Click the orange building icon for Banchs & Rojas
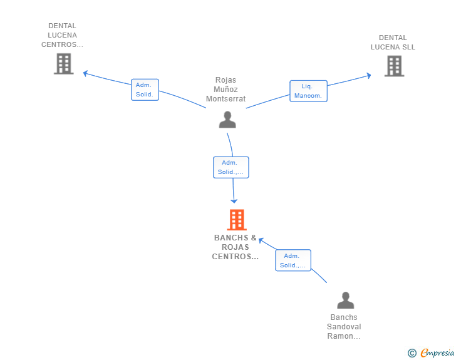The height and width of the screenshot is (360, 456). point(236,220)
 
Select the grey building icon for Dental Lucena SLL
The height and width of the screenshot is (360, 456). point(393,66)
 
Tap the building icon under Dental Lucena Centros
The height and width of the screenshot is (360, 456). point(63,63)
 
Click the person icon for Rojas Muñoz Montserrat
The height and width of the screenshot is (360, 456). point(227,119)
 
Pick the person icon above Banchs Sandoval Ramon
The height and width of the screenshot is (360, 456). point(345,301)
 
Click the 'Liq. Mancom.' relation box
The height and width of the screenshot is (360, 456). point(308,91)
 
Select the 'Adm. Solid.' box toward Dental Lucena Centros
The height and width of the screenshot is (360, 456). point(145,90)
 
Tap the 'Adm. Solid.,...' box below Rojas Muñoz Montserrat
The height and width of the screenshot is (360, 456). point(231,167)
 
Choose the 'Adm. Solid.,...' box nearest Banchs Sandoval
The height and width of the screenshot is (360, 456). point(293,260)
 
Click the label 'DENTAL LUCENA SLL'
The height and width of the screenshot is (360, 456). point(393,43)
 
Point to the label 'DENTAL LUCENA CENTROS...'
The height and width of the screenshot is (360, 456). point(62,36)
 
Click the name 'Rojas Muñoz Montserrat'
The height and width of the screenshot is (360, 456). point(225,90)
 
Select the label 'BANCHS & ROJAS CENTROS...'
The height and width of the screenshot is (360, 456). point(236,247)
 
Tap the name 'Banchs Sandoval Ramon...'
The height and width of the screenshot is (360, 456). point(344,327)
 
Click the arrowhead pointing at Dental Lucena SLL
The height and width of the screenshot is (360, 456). point(369,75)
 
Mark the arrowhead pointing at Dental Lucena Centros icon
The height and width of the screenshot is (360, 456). point(86,73)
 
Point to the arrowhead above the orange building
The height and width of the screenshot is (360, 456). point(234,200)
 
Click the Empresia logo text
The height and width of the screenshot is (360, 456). point(437,353)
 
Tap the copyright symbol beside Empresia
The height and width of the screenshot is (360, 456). point(412,353)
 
